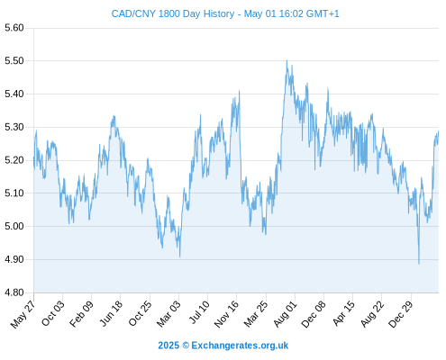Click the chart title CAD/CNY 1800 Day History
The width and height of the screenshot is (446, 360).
pos(173,13)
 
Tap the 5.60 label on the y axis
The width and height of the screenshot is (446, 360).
pos(14,28)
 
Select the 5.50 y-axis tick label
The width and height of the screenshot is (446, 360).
pos(14,61)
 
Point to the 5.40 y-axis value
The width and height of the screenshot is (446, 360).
pos(14,94)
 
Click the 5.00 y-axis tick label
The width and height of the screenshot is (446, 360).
pos(14,226)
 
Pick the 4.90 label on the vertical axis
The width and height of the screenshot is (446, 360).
pos(14,259)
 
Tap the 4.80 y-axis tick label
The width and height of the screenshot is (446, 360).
pos(14,292)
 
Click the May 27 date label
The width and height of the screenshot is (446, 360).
pos(23,314)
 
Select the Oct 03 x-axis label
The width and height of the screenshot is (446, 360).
pos(52,313)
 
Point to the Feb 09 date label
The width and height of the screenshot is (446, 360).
pos(81,313)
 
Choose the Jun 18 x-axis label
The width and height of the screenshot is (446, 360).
pos(111,313)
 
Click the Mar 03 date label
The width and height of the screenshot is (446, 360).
pos(168,313)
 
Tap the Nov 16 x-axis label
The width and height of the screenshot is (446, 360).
pos(226,314)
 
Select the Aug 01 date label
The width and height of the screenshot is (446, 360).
pos(285,314)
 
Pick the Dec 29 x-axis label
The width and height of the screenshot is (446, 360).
pos(400,314)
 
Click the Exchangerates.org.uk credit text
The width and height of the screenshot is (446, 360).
pos(240,346)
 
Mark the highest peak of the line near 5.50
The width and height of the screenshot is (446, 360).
pos(287,60)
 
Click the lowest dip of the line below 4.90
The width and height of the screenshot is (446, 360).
pos(419,264)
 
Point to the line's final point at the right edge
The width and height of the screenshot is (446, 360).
pos(439,131)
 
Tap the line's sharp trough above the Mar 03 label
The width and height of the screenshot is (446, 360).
pos(180,256)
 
